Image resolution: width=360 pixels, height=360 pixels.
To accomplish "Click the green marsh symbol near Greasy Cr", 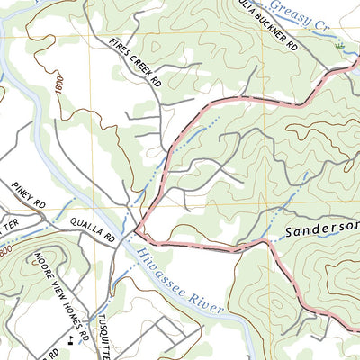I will pyautogui.click(x=339, y=44).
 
